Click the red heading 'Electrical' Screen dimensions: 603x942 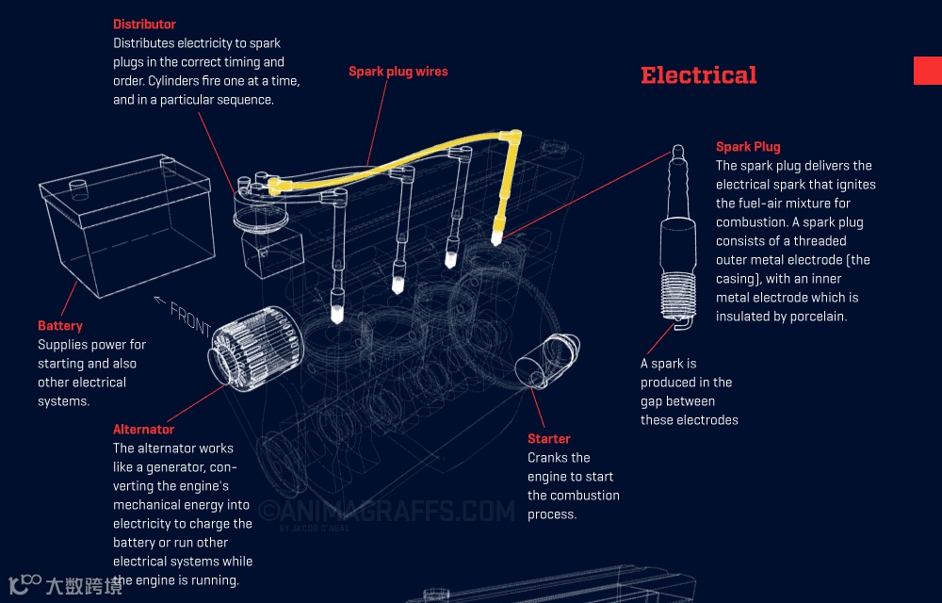click(698, 75)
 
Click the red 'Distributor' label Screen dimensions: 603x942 click(144, 24)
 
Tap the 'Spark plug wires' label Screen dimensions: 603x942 click(398, 72)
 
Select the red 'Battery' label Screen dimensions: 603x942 click(60, 326)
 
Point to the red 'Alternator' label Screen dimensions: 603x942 click(143, 430)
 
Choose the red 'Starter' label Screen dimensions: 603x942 click(548, 439)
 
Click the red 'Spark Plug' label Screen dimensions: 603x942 click(748, 147)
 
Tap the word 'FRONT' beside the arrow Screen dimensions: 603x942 click(191, 320)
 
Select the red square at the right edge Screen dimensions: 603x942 click(927, 71)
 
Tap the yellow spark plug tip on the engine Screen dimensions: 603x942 click(495, 236)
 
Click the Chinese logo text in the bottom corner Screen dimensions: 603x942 click(83, 586)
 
